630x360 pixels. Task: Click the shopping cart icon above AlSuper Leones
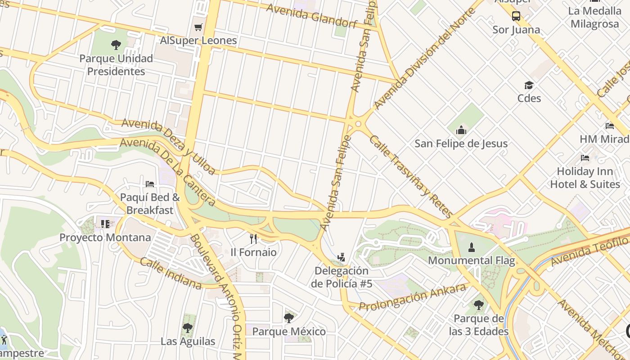point(198,27)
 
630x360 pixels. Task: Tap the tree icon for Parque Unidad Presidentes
point(116,45)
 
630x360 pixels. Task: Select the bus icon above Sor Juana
point(516,16)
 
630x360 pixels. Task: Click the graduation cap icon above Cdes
point(529,85)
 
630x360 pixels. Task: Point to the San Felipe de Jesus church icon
point(461,130)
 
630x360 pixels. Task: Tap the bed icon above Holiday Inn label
point(585,158)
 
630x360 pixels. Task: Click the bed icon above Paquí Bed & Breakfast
point(150,184)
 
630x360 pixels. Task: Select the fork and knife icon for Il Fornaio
point(253,238)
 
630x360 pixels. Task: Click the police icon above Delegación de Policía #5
point(342,257)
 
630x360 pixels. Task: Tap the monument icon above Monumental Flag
point(471,247)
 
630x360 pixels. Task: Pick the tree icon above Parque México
point(289,318)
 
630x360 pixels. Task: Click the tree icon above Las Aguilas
point(188,328)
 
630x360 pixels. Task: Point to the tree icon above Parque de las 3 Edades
point(478,305)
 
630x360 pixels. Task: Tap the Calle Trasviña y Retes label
point(410,176)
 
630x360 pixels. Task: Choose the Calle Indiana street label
point(171,273)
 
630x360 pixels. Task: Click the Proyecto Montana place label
point(105,238)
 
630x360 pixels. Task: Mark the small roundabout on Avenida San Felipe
point(358,124)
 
